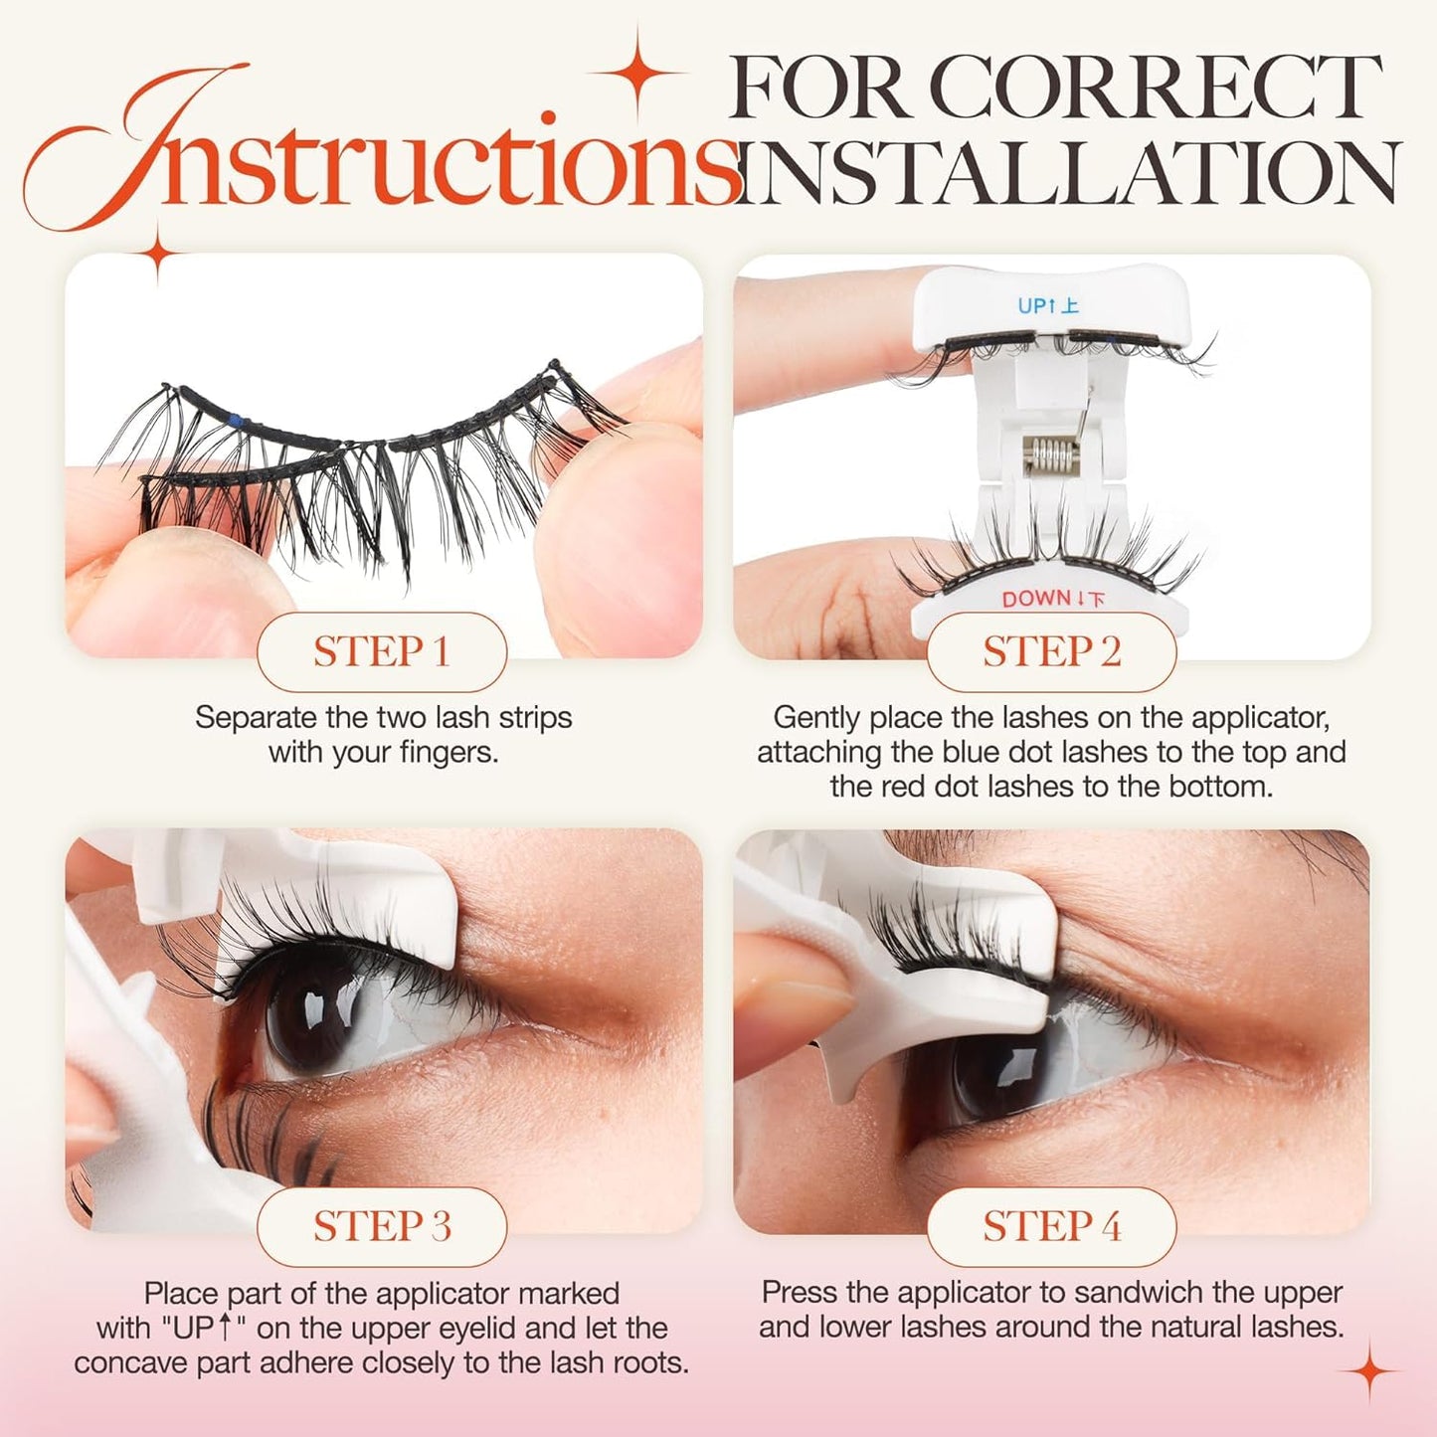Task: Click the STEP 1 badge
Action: [x=382, y=652]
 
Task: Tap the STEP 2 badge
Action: [x=1051, y=652]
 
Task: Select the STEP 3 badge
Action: [x=382, y=1226]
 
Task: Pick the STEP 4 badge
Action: [x=1051, y=1226]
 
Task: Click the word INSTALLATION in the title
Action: [x=1069, y=173]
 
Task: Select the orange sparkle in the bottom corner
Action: [x=1370, y=1372]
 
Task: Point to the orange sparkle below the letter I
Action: [x=158, y=253]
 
